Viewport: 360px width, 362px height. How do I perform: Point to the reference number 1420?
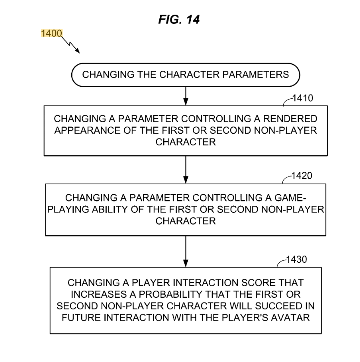(302, 176)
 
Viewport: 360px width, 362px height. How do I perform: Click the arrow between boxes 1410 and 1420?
(186, 169)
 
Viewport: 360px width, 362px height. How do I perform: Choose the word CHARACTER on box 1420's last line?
(186, 221)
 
